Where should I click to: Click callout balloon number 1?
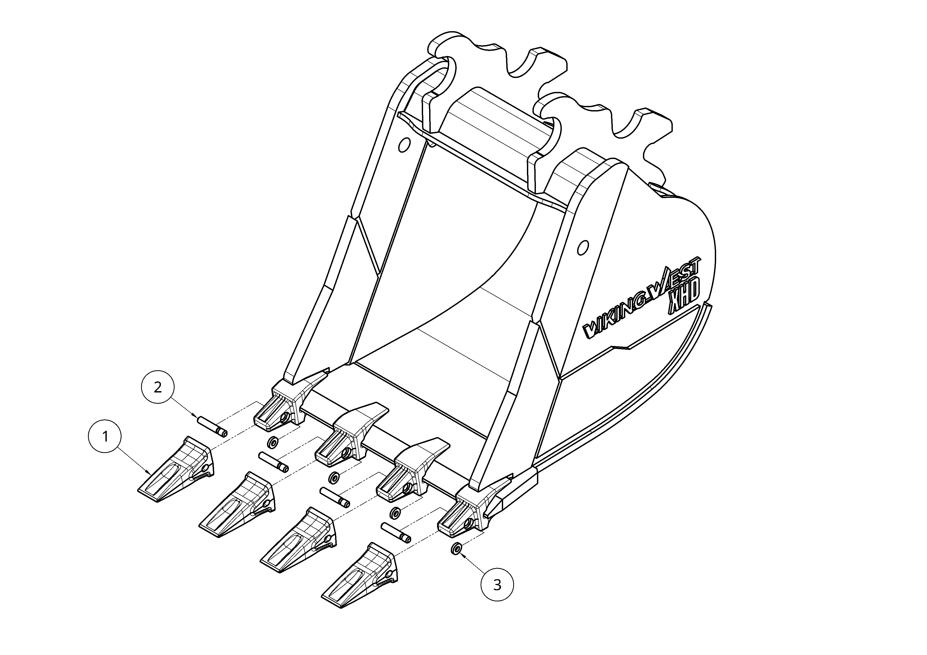click(x=105, y=437)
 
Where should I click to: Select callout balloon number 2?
click(x=158, y=387)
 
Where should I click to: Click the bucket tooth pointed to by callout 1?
click(x=176, y=469)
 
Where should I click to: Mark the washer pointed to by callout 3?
click(x=455, y=549)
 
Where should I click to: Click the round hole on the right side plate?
click(x=583, y=247)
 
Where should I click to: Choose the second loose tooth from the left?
click(x=237, y=505)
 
